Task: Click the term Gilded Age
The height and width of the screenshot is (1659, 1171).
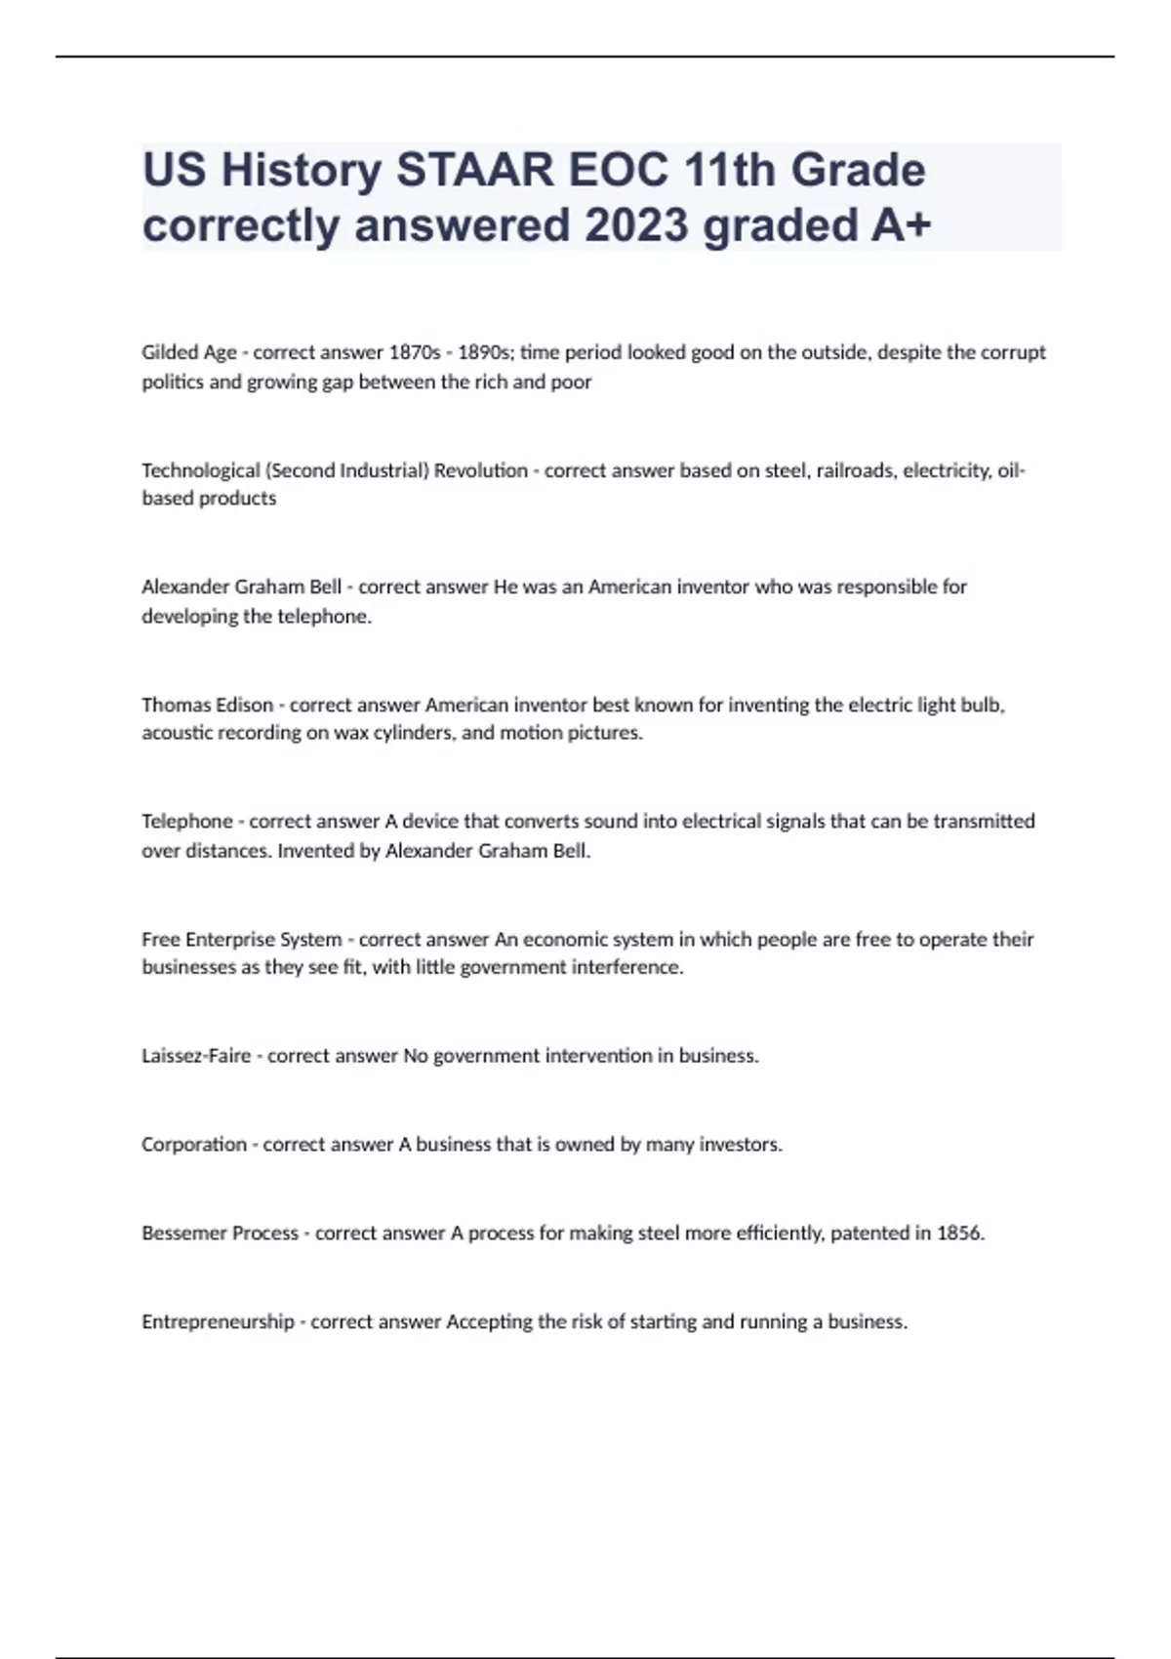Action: click(189, 352)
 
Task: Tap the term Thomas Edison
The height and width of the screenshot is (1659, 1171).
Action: click(207, 705)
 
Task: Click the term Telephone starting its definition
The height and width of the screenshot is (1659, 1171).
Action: click(187, 822)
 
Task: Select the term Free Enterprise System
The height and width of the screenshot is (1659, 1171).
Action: click(241, 940)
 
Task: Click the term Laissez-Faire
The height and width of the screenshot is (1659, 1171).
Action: click(196, 1056)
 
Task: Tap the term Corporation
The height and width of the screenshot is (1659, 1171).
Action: click(194, 1145)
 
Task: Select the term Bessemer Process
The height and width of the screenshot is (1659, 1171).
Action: click(220, 1234)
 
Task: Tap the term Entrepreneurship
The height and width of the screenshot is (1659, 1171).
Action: click(218, 1322)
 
